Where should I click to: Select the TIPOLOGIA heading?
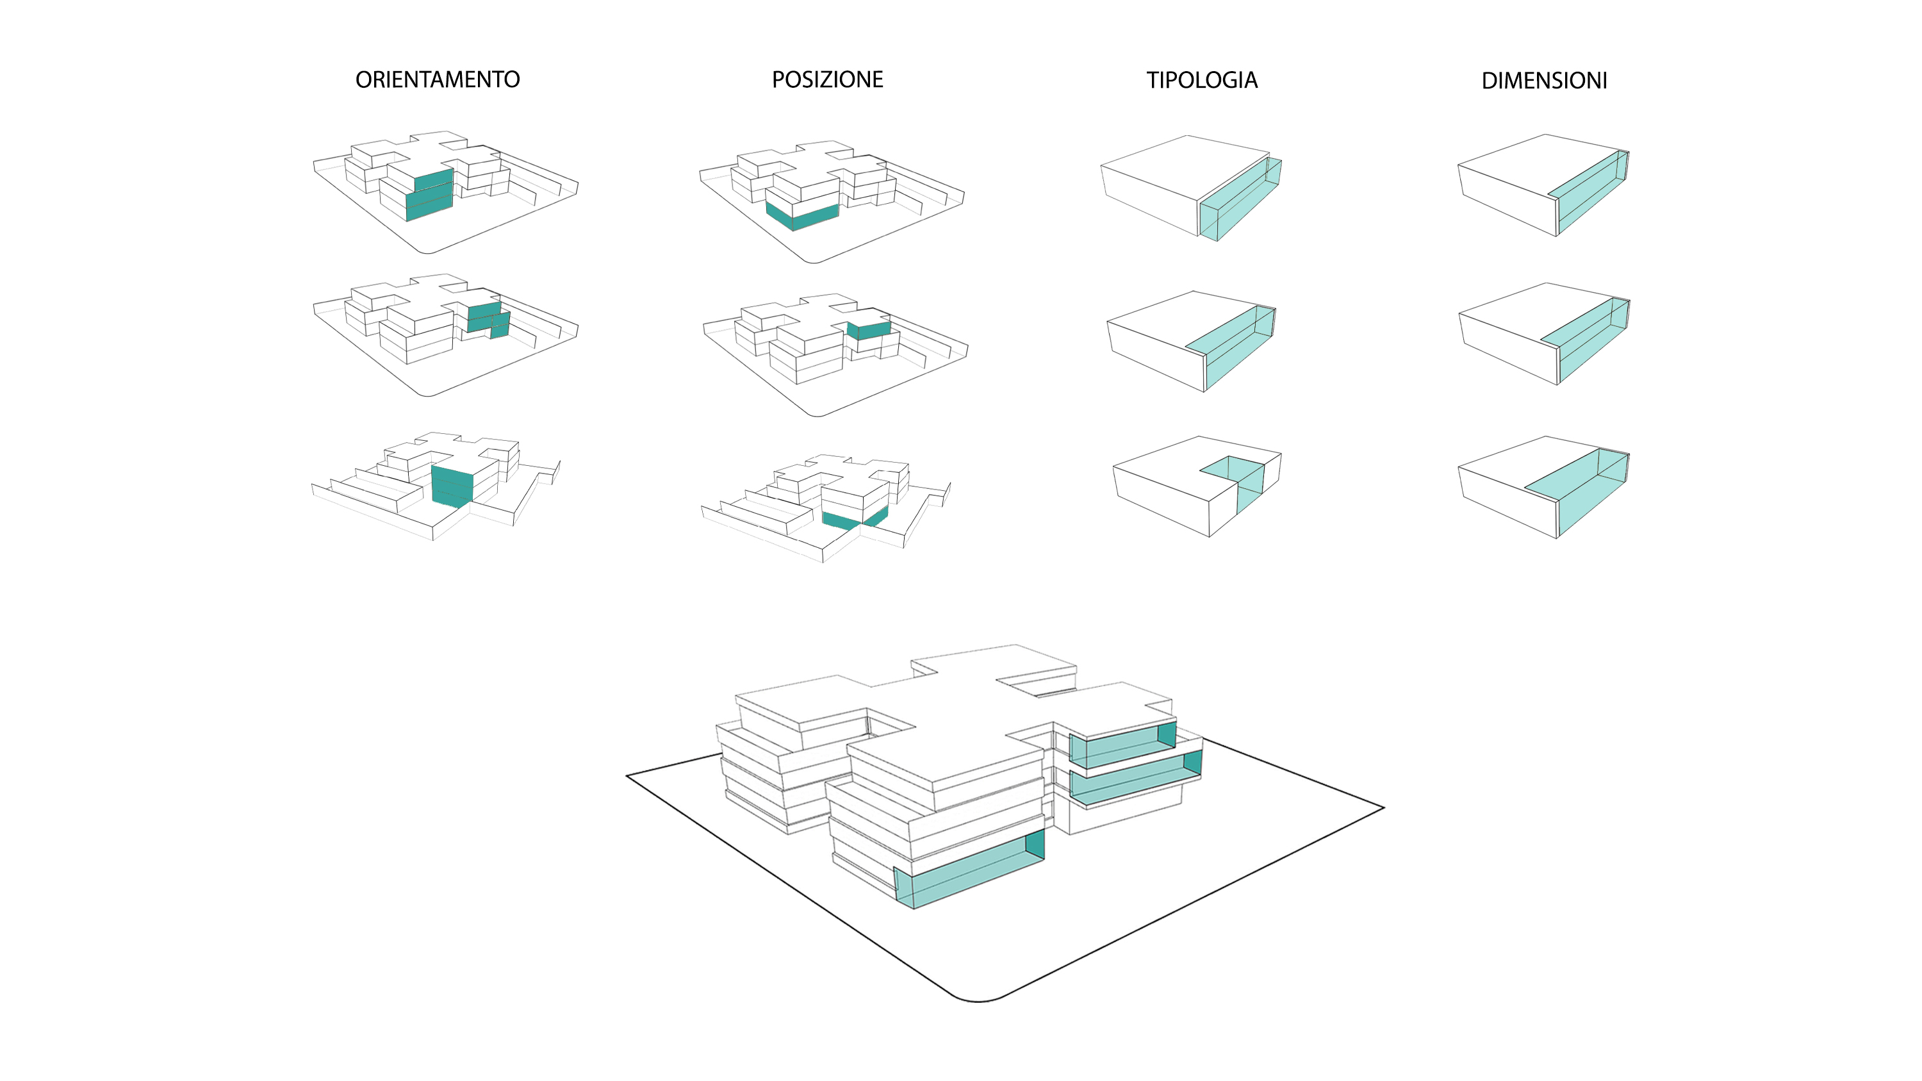[1201, 80]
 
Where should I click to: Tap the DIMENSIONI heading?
[1544, 81]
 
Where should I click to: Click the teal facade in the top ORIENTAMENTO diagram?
[429, 195]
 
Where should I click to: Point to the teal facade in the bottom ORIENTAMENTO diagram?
[452, 486]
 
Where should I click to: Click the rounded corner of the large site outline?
[978, 1000]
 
